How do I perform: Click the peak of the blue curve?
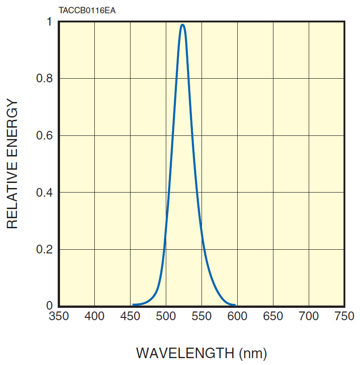(183, 25)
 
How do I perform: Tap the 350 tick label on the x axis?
(59, 316)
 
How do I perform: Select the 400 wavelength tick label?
(94, 316)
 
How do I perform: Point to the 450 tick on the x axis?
(130, 316)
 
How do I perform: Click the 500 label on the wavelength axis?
(166, 316)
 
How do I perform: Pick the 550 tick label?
(202, 316)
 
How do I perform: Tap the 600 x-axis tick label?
(237, 316)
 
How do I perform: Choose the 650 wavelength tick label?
(273, 316)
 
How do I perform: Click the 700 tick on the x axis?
(309, 316)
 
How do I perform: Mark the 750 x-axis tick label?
(344, 316)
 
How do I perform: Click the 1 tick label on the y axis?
(49, 22)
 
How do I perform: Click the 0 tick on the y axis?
(49, 306)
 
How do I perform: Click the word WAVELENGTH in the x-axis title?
(185, 353)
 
